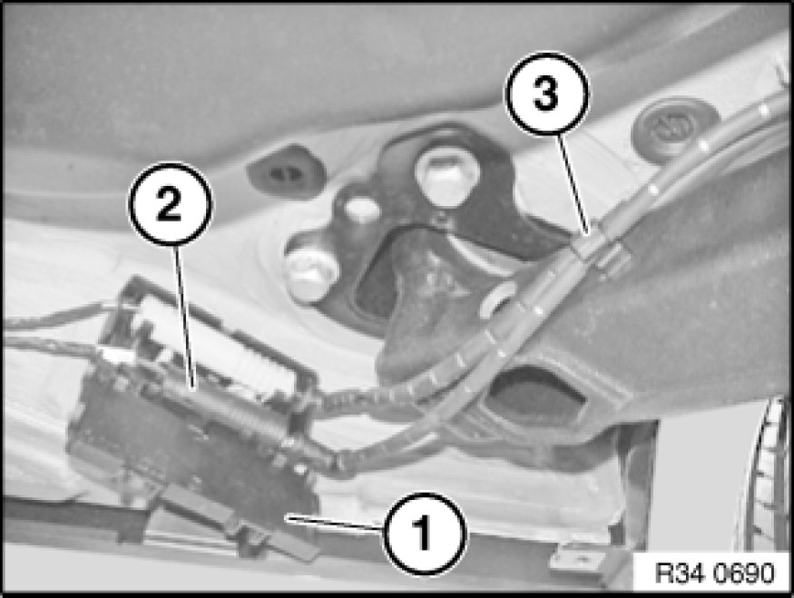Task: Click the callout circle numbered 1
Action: [424, 534]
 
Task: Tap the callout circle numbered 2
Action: [171, 203]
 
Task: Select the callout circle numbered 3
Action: [547, 94]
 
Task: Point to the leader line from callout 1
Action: [335, 523]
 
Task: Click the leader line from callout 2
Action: [184, 317]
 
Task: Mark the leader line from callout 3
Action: [573, 184]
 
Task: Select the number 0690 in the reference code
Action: [744, 573]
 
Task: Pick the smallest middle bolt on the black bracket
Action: [363, 209]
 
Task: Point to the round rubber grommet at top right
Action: [674, 127]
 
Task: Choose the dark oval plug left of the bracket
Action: [285, 172]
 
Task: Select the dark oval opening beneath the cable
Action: [538, 398]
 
